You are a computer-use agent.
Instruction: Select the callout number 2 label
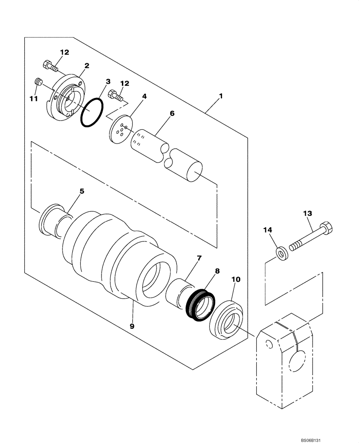click(x=87, y=66)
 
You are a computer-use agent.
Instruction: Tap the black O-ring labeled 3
click(x=92, y=113)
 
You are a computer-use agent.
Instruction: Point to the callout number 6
click(x=172, y=113)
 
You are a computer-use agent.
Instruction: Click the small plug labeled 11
click(x=38, y=82)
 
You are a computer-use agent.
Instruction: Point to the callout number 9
click(x=132, y=326)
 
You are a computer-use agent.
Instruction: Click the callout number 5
click(x=82, y=192)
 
